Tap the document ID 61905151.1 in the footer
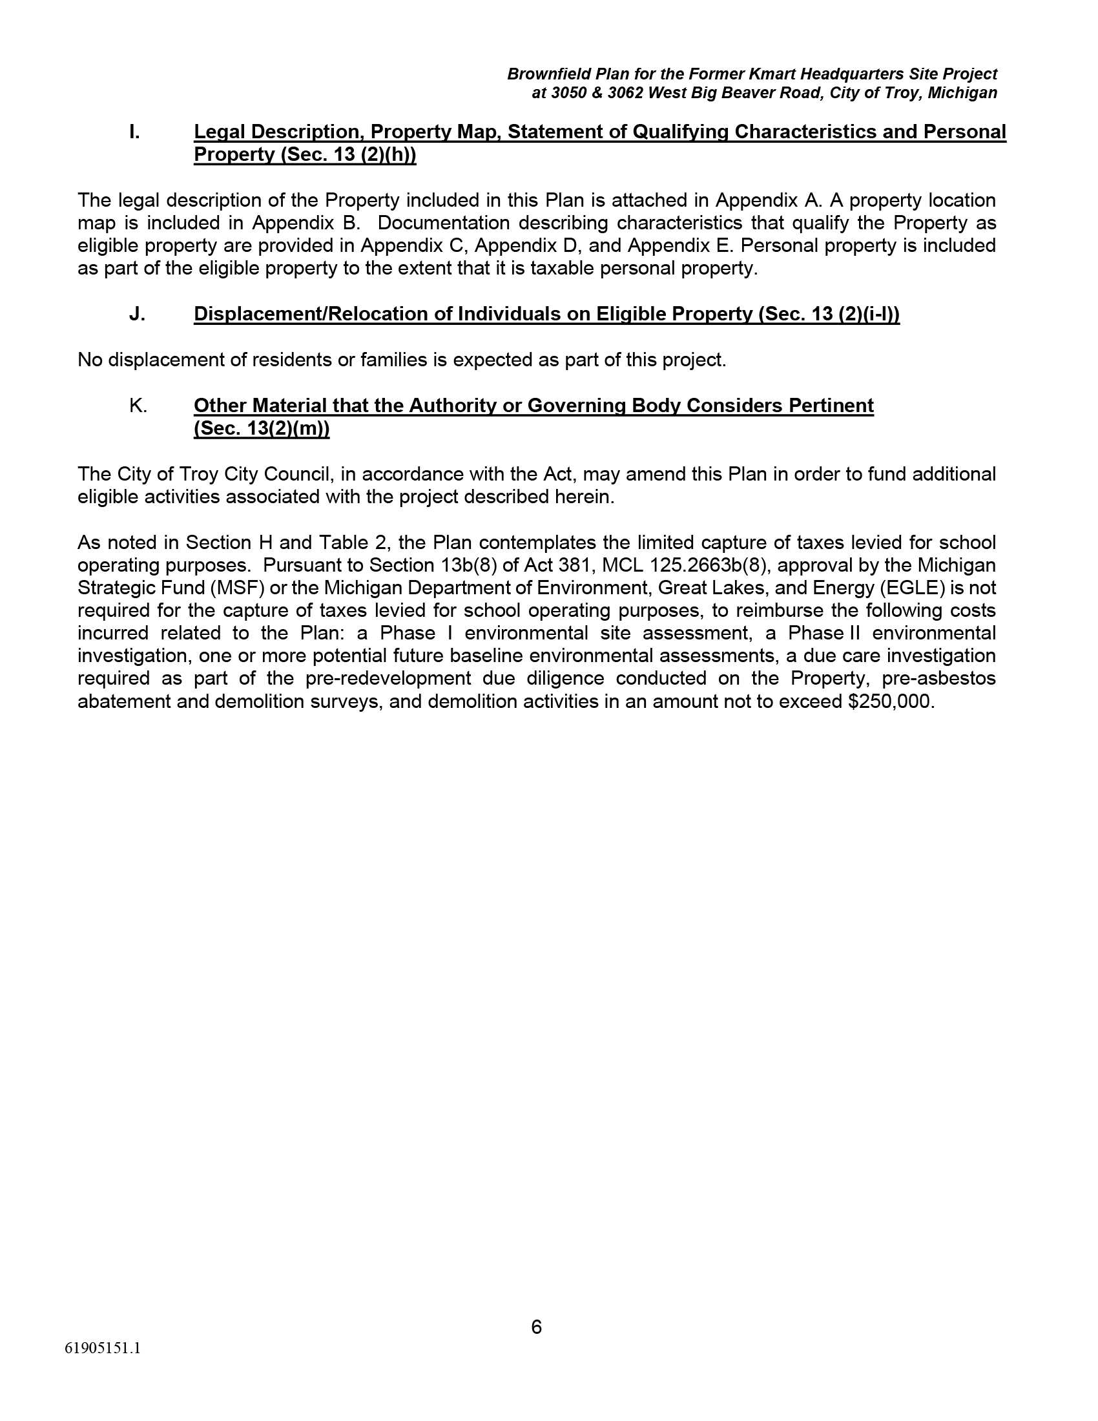coord(103,1348)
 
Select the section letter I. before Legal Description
coord(134,132)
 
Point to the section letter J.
coord(136,315)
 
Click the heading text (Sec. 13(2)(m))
coord(262,430)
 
